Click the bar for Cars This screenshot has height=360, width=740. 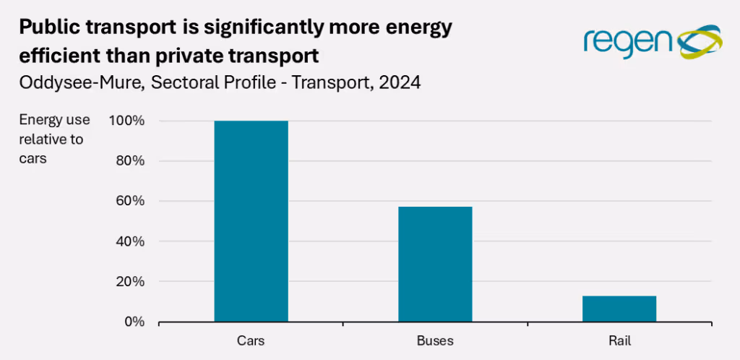pyautogui.click(x=251, y=220)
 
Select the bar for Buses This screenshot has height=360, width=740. pyautogui.click(x=435, y=264)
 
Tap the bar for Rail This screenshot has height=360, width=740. pyautogui.click(x=619, y=309)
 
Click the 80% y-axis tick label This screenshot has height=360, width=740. pyautogui.click(x=132, y=161)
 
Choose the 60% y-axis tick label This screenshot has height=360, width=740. pyautogui.click(x=132, y=201)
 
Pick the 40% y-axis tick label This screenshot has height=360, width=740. pyautogui.click(x=132, y=241)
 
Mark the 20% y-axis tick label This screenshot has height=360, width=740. pyautogui.click(x=132, y=281)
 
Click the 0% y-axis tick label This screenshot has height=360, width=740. pyautogui.click(x=135, y=321)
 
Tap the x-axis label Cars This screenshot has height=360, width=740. pyautogui.click(x=251, y=340)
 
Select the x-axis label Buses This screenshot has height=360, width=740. pyautogui.click(x=435, y=340)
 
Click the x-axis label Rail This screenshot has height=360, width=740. pyautogui.click(x=619, y=340)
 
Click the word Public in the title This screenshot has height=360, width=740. pyautogui.click(x=45, y=28)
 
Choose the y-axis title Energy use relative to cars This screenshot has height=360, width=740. pyautogui.click(x=54, y=139)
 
